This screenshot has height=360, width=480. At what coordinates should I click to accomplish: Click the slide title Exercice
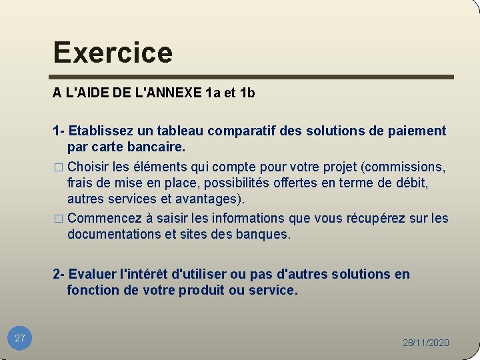click(113, 52)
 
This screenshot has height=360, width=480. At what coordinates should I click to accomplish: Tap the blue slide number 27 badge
click(20, 338)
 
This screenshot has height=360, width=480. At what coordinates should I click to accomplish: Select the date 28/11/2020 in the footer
click(425, 343)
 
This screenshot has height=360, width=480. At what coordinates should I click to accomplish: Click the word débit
click(411, 182)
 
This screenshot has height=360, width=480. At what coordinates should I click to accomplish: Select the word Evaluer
click(93, 274)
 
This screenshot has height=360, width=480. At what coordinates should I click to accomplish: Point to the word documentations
click(113, 234)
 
